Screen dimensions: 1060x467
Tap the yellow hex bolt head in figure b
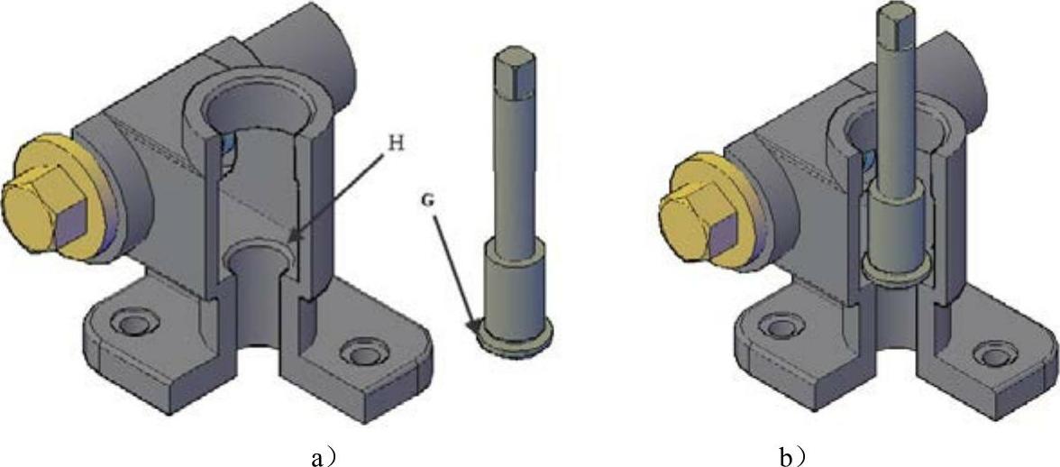[697, 214]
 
